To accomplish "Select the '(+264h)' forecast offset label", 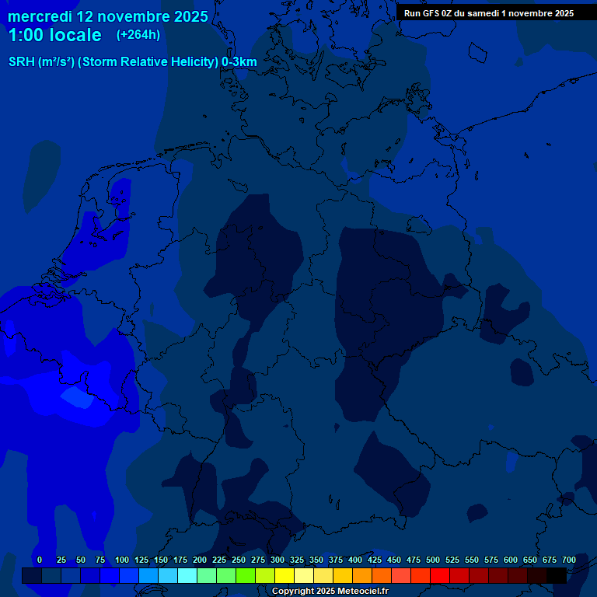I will [138, 35].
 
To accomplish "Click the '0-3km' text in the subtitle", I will [239, 62].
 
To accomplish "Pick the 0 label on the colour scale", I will [40, 560].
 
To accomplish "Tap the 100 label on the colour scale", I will [122, 560].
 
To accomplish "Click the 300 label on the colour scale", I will [278, 560].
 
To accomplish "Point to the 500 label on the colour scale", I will [433, 560].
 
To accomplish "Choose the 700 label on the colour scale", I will [569, 560].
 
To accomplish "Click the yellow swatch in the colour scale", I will [285, 575].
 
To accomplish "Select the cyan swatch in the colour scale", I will [187, 575].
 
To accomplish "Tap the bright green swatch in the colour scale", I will [246, 575].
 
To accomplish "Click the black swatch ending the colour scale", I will [557, 575].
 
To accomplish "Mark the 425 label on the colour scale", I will [375, 560].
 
